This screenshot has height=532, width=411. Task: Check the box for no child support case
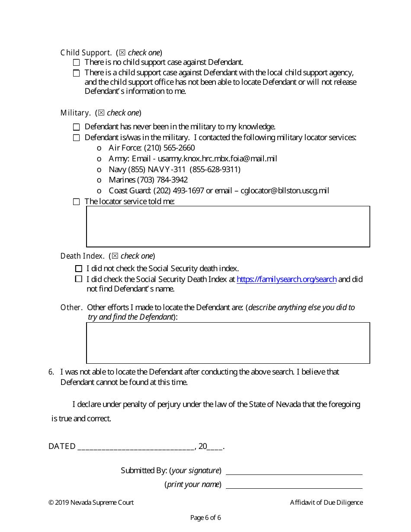point(76,63)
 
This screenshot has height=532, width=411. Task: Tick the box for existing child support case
point(76,73)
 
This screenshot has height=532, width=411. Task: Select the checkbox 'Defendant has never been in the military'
point(76,127)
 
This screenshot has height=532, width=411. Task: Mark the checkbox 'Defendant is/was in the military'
point(76,138)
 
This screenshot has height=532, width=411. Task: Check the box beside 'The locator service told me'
point(76,202)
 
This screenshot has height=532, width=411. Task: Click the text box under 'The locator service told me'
point(228,227)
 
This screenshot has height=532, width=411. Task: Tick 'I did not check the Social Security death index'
point(78,269)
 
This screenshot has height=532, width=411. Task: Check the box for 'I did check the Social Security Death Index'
point(78,279)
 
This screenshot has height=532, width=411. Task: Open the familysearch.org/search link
point(286,279)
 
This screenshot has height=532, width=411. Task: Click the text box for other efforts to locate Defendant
point(228,343)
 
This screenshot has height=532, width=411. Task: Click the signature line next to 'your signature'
point(294,471)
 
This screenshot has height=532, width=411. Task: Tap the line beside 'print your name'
point(294,485)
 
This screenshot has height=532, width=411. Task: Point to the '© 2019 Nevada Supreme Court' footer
point(91,503)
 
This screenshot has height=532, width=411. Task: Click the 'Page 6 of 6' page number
point(205,518)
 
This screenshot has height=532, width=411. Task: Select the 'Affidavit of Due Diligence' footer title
point(326,503)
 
